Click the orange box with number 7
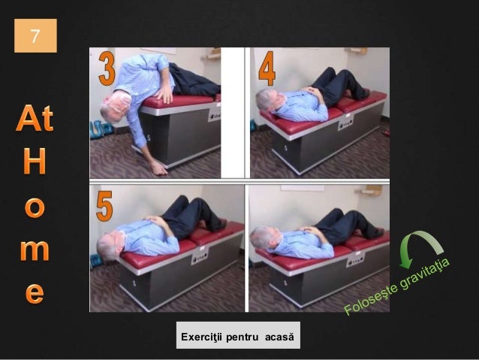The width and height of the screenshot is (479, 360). click(35, 35)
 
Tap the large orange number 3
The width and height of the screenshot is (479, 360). click(107, 68)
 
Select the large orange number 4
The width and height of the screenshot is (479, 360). click(267, 68)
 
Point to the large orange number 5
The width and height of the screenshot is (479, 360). click(104, 206)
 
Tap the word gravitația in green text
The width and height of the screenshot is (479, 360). click(425, 274)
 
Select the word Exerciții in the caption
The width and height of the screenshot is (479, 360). click(202, 337)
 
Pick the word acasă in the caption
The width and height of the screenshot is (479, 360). click(279, 337)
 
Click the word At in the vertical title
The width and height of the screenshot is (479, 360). click(35, 118)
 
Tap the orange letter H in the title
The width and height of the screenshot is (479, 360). click(35, 161)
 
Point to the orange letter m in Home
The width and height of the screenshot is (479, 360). click(35, 250)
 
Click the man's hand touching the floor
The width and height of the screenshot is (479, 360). click(159, 168)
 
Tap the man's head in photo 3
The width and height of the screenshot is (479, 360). click(116, 107)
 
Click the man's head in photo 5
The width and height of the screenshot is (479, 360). click(110, 246)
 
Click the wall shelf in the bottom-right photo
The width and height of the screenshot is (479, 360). click(368, 191)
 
